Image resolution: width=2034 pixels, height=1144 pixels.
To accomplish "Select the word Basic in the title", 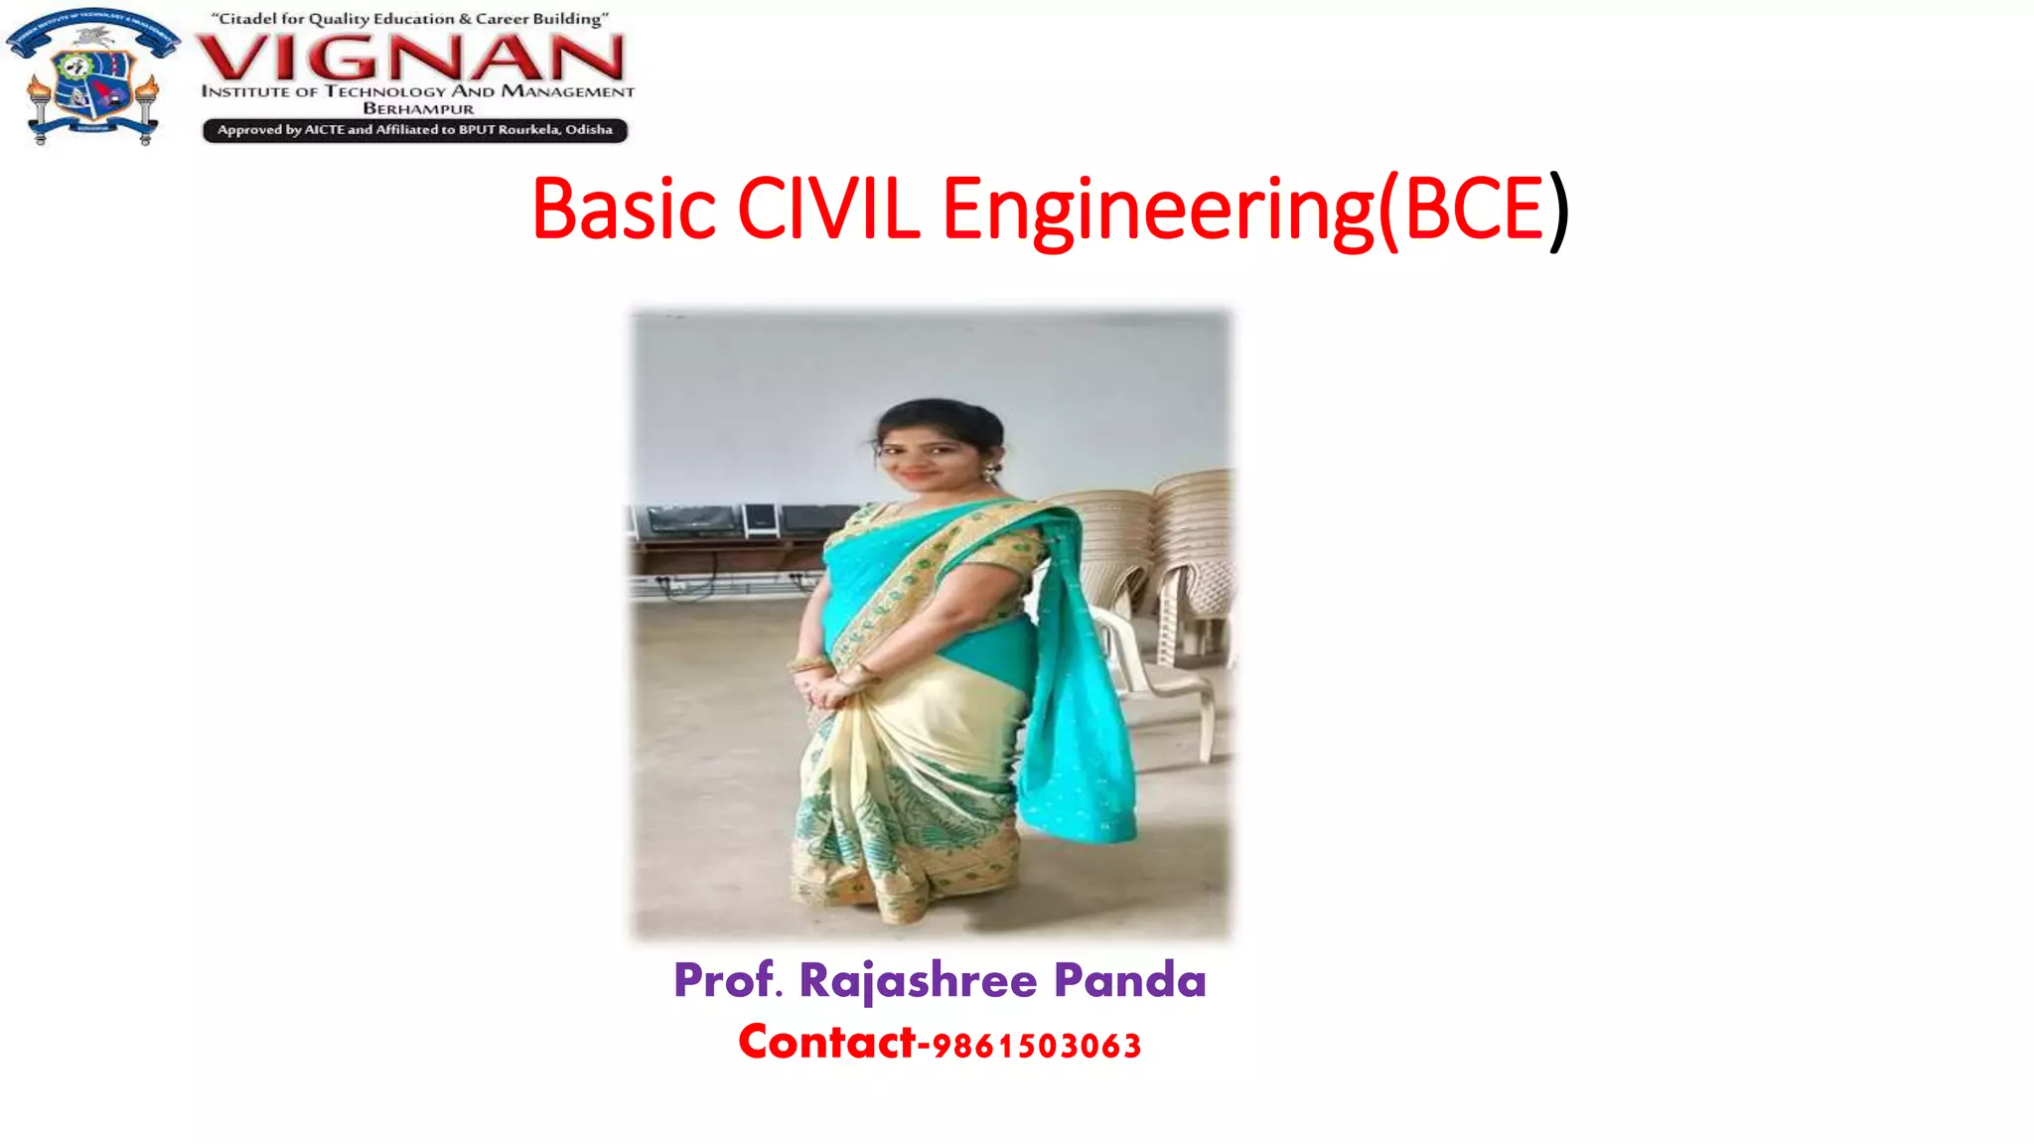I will [x=624, y=210].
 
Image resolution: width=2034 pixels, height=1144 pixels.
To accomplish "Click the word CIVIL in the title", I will [x=828, y=210].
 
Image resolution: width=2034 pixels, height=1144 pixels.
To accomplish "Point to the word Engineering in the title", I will [x=1158, y=212].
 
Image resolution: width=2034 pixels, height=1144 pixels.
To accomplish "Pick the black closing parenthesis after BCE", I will [x=1559, y=212].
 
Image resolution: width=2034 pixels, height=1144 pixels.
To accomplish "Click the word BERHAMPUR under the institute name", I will [x=418, y=109].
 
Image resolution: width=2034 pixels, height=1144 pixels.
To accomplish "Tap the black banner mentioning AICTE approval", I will [x=415, y=130].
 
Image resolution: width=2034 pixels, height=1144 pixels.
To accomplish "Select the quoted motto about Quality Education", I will [x=409, y=19].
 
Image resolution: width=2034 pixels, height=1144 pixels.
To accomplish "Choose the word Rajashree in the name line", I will [x=918, y=981].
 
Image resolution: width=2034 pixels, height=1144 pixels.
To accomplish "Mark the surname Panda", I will [x=1129, y=980].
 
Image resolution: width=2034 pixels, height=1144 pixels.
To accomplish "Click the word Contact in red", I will [x=826, y=1043].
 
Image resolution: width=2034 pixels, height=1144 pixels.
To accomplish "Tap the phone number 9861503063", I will [x=1037, y=1047].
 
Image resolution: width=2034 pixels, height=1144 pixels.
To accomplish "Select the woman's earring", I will [x=989, y=474].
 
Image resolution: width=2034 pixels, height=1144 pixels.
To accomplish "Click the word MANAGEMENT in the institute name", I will [x=567, y=91].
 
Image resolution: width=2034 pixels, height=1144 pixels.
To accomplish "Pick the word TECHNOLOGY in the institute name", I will [x=385, y=91].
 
